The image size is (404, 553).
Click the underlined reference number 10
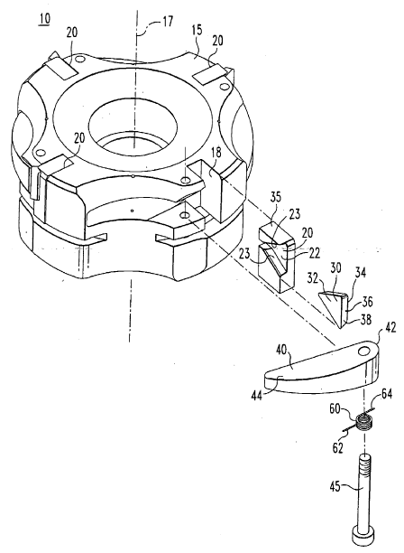click(x=44, y=19)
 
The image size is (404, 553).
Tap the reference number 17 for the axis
click(x=167, y=22)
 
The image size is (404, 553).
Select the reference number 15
click(x=197, y=30)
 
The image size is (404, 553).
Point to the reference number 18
click(x=216, y=152)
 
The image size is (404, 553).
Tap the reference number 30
click(x=335, y=268)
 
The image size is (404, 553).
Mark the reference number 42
click(x=390, y=327)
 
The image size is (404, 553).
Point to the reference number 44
click(x=256, y=396)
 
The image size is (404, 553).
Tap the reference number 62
click(x=338, y=448)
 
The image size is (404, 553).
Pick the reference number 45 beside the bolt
click(x=335, y=487)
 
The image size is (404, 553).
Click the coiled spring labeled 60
click(x=364, y=422)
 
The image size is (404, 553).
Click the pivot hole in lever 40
click(x=365, y=351)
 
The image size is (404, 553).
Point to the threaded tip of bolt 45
click(x=364, y=462)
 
